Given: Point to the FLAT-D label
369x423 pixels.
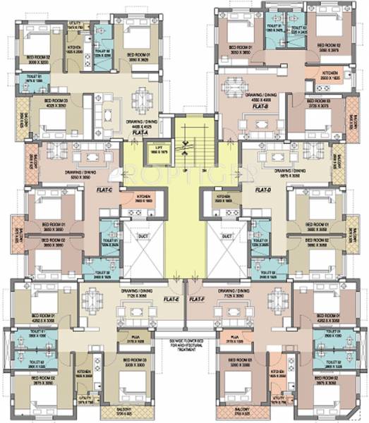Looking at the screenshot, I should [263, 190].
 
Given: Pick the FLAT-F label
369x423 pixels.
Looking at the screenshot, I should [199, 299].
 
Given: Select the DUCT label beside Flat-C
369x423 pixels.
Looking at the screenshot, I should [143, 236].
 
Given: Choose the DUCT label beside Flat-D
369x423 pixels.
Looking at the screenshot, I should [227, 236].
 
